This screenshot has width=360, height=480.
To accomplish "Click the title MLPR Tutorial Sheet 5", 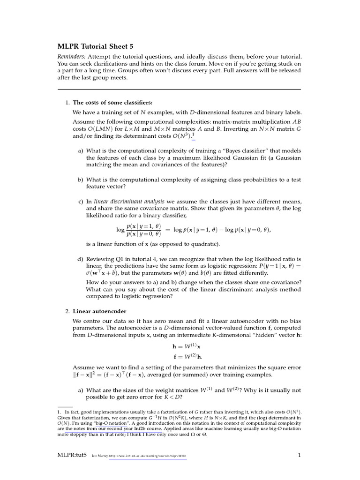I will click(x=96, y=46).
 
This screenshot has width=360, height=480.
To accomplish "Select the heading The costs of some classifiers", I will click(x=113, y=103).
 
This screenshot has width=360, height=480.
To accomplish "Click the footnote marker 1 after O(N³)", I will click(x=192, y=135).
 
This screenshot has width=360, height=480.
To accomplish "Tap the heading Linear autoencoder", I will click(x=99, y=311).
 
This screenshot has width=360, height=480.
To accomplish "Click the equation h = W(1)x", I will click(x=187, y=346).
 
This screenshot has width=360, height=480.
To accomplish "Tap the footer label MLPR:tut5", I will click(x=72, y=455).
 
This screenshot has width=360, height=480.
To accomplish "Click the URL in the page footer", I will click(x=147, y=455).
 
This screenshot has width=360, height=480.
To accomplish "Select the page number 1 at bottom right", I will click(x=299, y=455).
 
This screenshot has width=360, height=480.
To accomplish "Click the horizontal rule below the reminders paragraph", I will click(x=179, y=89).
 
